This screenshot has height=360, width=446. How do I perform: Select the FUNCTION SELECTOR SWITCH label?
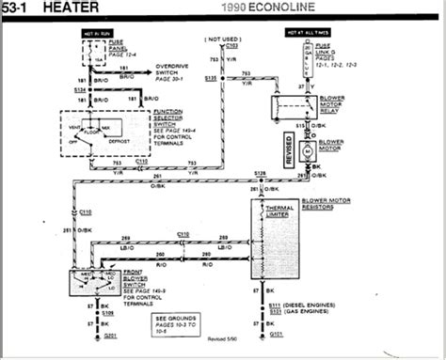click(x=175, y=117)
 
